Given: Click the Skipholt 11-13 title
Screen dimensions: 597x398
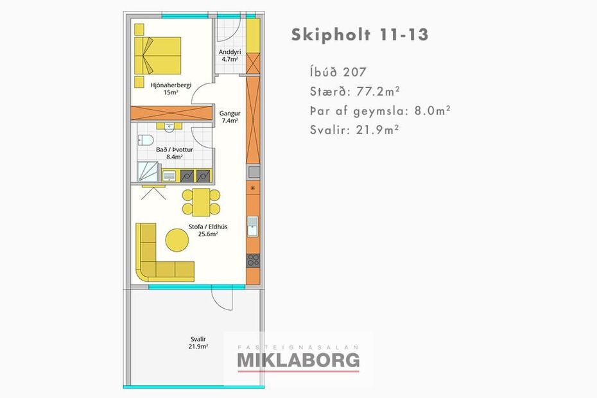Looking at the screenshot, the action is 359,35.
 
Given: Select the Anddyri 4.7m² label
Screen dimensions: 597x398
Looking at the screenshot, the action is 230,56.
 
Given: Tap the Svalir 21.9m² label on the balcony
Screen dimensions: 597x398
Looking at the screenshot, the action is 198,343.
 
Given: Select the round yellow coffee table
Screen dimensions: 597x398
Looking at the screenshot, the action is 177,239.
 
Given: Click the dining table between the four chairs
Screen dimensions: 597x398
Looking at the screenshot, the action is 201,202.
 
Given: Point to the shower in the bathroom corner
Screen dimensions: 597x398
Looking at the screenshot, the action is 148,171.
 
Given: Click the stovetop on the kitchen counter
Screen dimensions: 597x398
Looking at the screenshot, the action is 253,261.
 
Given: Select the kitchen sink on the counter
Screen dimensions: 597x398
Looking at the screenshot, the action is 252,227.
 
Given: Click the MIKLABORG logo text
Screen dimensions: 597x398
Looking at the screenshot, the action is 298,360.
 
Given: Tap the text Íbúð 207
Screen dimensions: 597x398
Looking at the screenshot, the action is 338,72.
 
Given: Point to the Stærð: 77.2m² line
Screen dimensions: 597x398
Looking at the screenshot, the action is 355,92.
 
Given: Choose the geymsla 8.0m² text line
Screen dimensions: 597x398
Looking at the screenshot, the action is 381,111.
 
